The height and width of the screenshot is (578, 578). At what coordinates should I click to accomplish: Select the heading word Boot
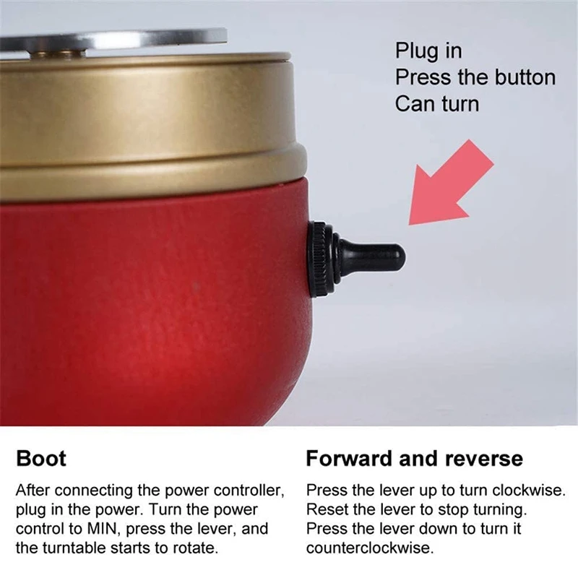pyautogui.click(x=41, y=458)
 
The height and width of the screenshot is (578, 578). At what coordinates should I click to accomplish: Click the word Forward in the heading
pyautogui.click(x=351, y=458)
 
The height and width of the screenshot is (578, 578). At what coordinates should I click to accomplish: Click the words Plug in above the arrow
pyautogui.click(x=428, y=51)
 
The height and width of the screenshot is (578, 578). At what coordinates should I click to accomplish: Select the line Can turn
pyautogui.click(x=436, y=103)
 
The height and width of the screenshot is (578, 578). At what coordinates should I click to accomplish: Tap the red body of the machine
pyautogui.click(x=144, y=303)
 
